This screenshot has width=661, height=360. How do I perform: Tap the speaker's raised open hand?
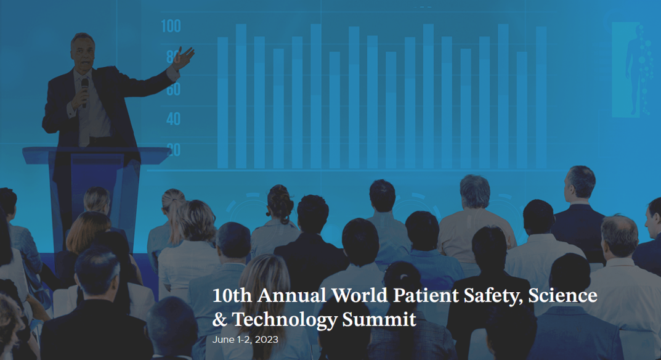[183, 58]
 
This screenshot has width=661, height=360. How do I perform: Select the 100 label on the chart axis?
[171, 26]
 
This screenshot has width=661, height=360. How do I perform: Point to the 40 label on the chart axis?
[173, 118]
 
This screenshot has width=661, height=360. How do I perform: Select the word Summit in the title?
[379, 319]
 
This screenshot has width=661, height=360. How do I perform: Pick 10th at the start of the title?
[232, 295]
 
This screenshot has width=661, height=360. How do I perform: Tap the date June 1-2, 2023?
[245, 340]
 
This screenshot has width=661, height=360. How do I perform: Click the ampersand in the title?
[220, 320]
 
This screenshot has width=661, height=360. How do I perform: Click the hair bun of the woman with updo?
[278, 194]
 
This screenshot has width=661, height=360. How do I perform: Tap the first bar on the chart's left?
[222, 103]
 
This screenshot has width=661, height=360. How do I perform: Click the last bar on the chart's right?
[541, 97]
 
